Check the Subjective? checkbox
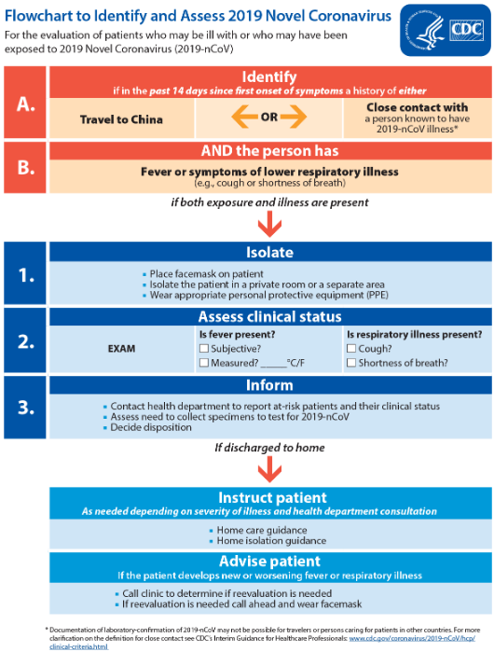tap(204, 349)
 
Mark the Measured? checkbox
tap(204, 363)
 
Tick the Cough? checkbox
tap(350, 349)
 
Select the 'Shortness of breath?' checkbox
tap(350, 363)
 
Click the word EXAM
tap(120, 349)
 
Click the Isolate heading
tap(268, 253)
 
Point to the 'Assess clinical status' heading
tap(268, 317)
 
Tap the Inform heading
tap(268, 384)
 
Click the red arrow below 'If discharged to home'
tap(270, 467)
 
